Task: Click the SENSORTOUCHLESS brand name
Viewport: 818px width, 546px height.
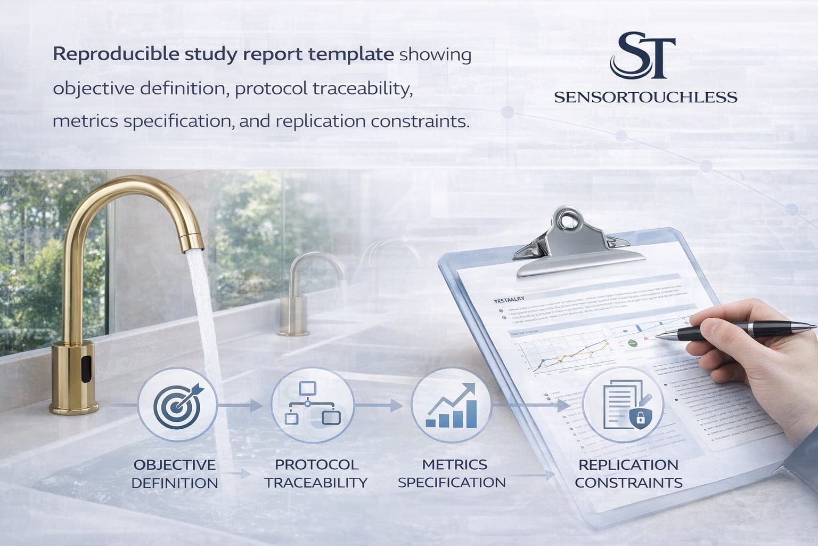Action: point(645,97)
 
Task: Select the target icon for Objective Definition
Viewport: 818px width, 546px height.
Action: point(177,405)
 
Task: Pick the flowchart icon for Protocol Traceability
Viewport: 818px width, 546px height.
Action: point(313,404)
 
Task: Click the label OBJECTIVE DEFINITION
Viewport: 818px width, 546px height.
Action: point(175,473)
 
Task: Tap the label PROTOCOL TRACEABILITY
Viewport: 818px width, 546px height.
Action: point(316,473)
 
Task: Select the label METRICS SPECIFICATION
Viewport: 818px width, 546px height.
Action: point(452,473)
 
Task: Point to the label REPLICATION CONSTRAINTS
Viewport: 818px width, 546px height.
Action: point(628,473)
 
